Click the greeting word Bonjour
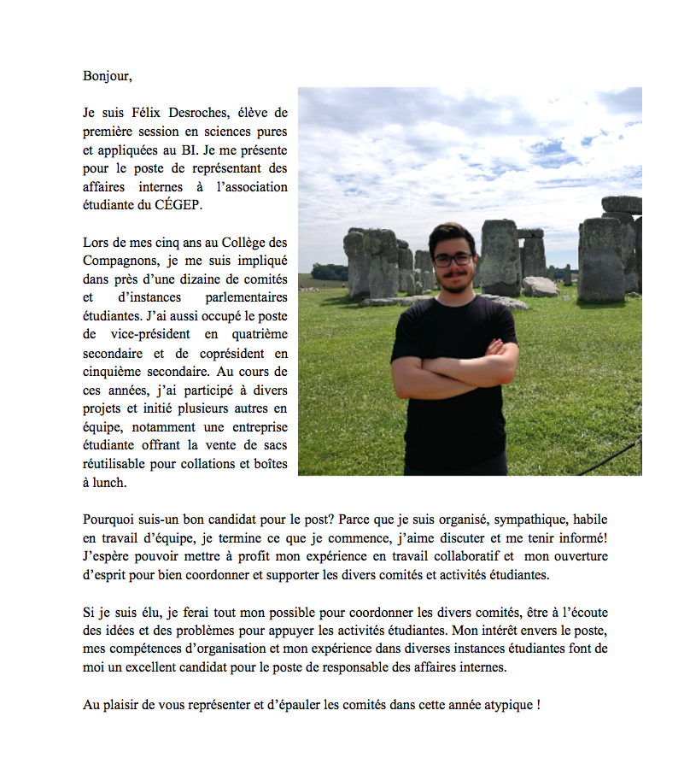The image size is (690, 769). click(107, 76)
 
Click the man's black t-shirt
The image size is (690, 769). click(453, 427)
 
